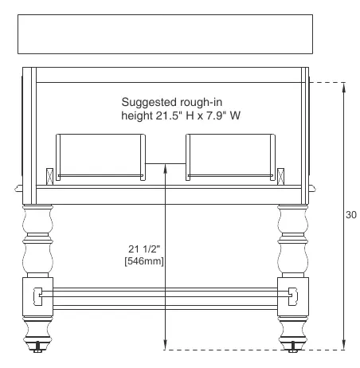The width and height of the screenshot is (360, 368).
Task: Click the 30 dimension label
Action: pyautogui.click(x=351, y=214)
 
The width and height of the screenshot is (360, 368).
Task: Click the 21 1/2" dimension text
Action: pyautogui.click(x=144, y=249)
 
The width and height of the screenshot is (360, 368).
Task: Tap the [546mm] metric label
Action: pyautogui.click(x=144, y=261)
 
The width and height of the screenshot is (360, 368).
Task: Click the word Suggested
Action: pyautogui.click(x=149, y=103)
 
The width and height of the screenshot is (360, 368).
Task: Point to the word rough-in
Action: pyautogui.click(x=201, y=103)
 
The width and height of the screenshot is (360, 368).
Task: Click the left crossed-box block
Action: pyautogui.click(x=49, y=177)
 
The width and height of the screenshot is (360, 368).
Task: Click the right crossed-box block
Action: pyautogui.click(x=280, y=177)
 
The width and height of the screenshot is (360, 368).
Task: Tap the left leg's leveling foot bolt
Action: pyautogui.click(x=37, y=347)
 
